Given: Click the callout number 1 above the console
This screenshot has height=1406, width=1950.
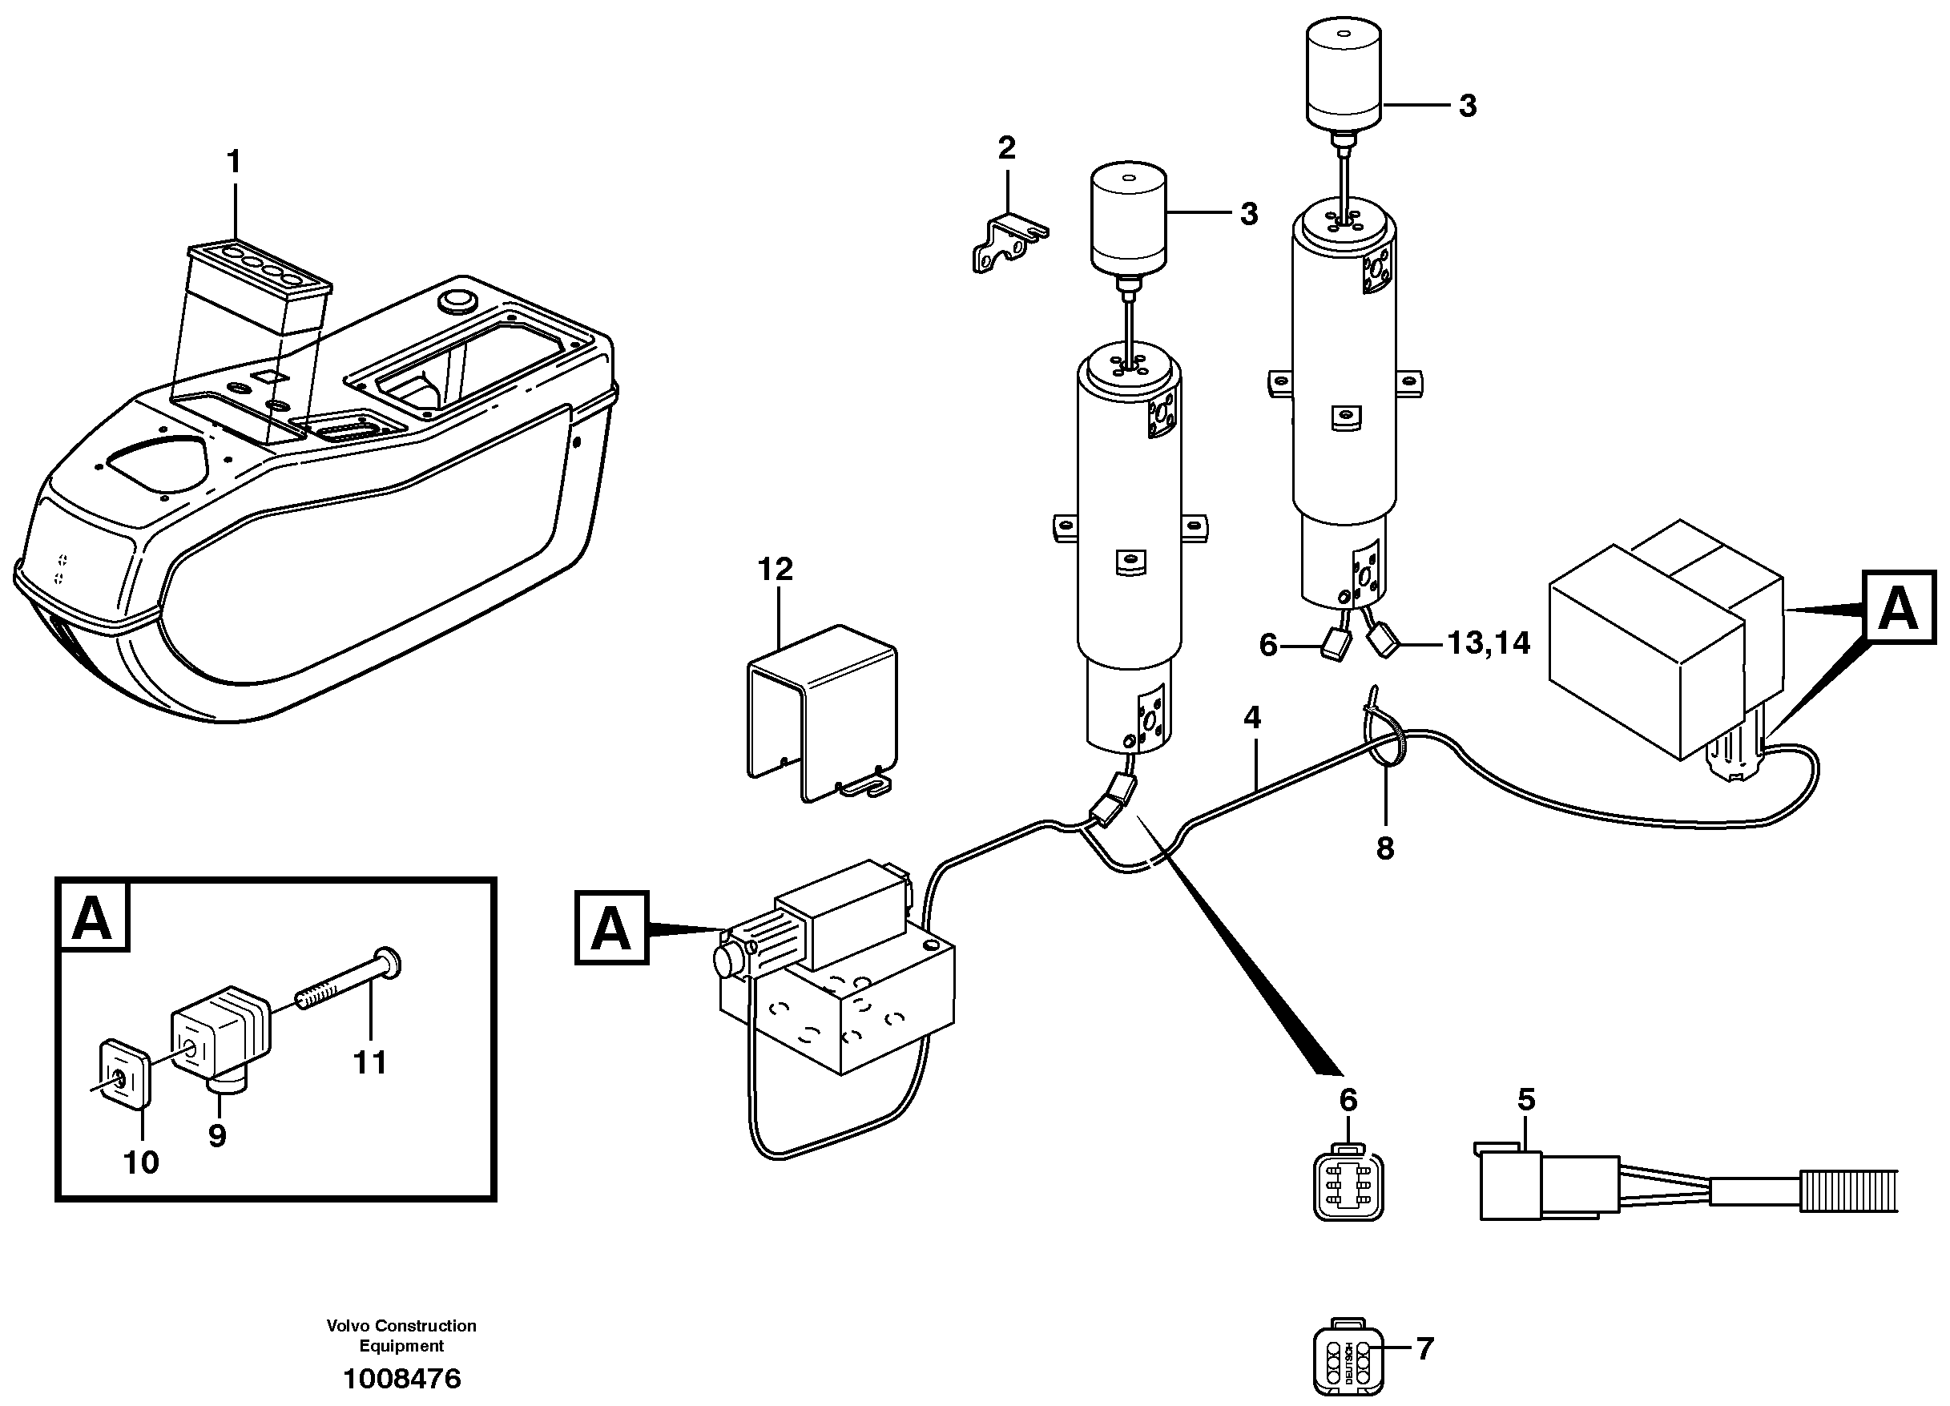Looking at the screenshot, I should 233,162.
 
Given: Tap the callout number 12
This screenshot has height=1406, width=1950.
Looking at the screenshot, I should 775,570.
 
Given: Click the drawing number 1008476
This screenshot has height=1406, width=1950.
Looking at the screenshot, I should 401,1380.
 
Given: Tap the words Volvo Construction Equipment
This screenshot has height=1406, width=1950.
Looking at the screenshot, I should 401,1335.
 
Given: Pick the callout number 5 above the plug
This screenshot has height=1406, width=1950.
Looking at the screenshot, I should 1526,1099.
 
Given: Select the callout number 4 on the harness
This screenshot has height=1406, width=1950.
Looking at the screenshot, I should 1252,717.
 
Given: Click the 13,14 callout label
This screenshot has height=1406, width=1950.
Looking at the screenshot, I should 1489,643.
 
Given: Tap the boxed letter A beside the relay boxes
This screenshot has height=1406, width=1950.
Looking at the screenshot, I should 1899,608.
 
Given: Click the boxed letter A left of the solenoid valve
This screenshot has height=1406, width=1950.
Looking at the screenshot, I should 611,929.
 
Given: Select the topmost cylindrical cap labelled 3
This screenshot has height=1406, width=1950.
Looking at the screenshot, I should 1344,73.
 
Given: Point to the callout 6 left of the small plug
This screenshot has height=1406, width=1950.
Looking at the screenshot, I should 1268,645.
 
